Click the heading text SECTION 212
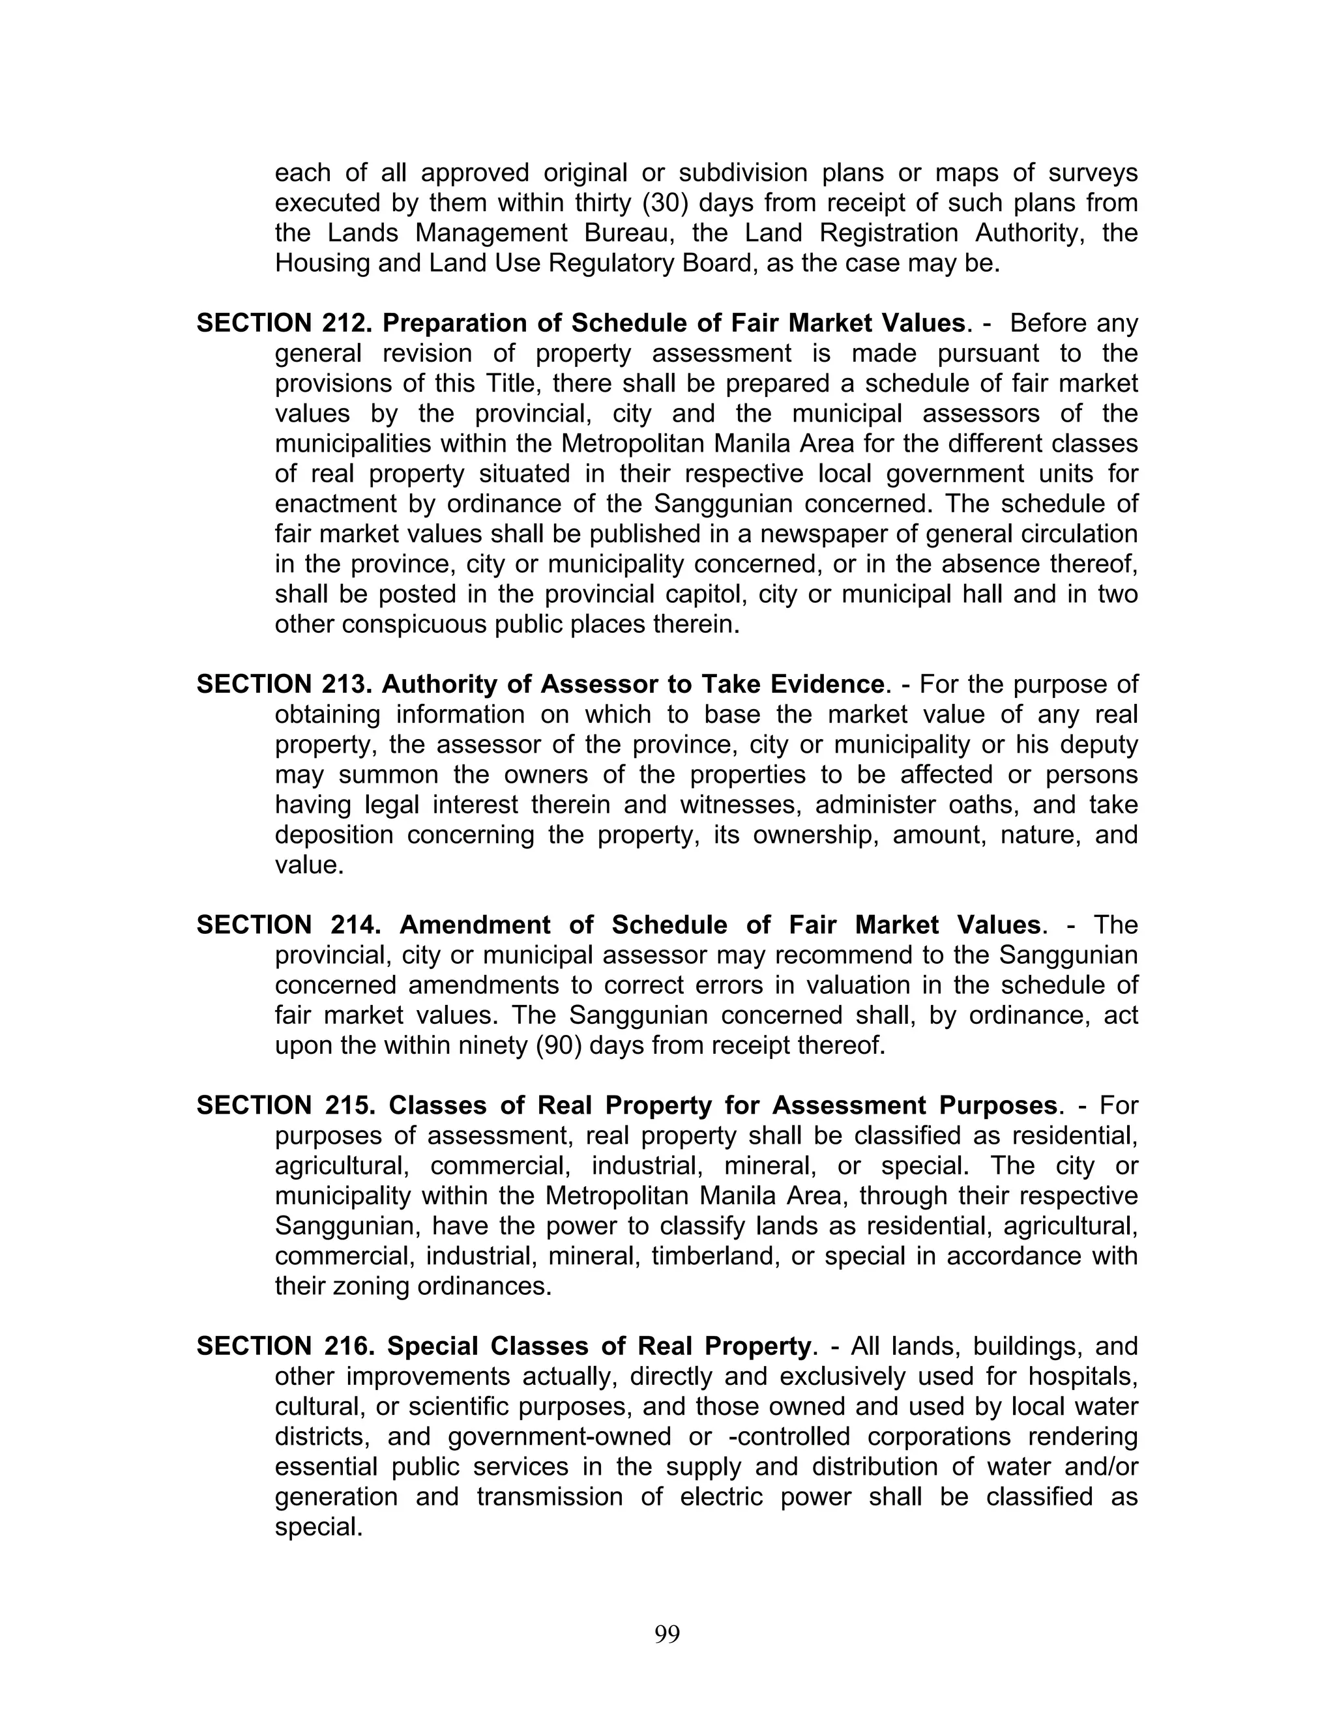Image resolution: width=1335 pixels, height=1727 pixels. (285, 323)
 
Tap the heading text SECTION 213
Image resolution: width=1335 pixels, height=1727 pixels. (285, 684)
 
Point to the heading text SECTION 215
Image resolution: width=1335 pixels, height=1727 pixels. (286, 1105)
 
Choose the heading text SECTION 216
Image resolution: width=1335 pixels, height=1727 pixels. (286, 1346)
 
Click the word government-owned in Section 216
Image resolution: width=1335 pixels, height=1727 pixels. (559, 1437)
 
